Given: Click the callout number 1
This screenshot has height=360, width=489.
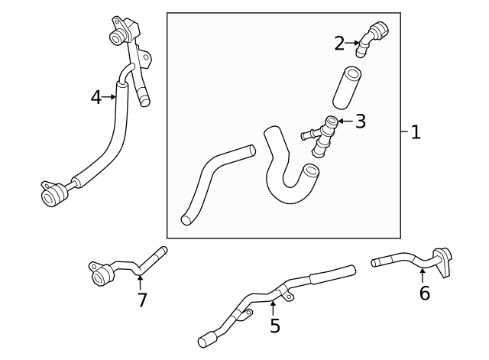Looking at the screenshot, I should coord(416,132).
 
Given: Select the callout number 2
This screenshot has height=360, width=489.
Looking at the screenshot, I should coord(339,44).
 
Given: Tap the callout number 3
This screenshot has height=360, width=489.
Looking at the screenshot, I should coord(361,121).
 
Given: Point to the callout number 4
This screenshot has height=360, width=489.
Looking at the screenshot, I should coord(96,97).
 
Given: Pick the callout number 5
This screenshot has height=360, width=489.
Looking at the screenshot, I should coord(274,326).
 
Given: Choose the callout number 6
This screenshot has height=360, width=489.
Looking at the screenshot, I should coord(425,293).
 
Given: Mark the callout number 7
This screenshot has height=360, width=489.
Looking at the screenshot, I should coord(141,300).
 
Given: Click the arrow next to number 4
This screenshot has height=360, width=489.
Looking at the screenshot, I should coord(111,97).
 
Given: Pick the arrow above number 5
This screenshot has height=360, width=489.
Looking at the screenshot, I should coord(273,307).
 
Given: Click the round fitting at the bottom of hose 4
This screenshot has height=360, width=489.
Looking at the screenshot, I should coord(52,193).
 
